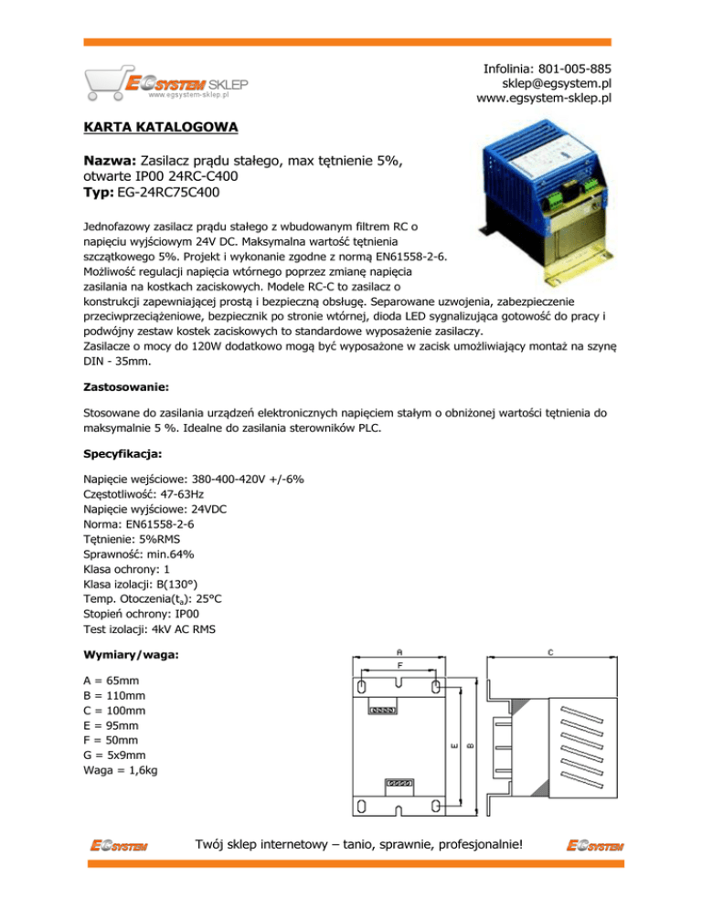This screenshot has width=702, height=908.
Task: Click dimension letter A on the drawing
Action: point(399,652)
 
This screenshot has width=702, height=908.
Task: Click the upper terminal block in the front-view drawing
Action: point(382,709)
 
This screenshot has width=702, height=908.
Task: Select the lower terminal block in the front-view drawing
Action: point(400,783)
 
